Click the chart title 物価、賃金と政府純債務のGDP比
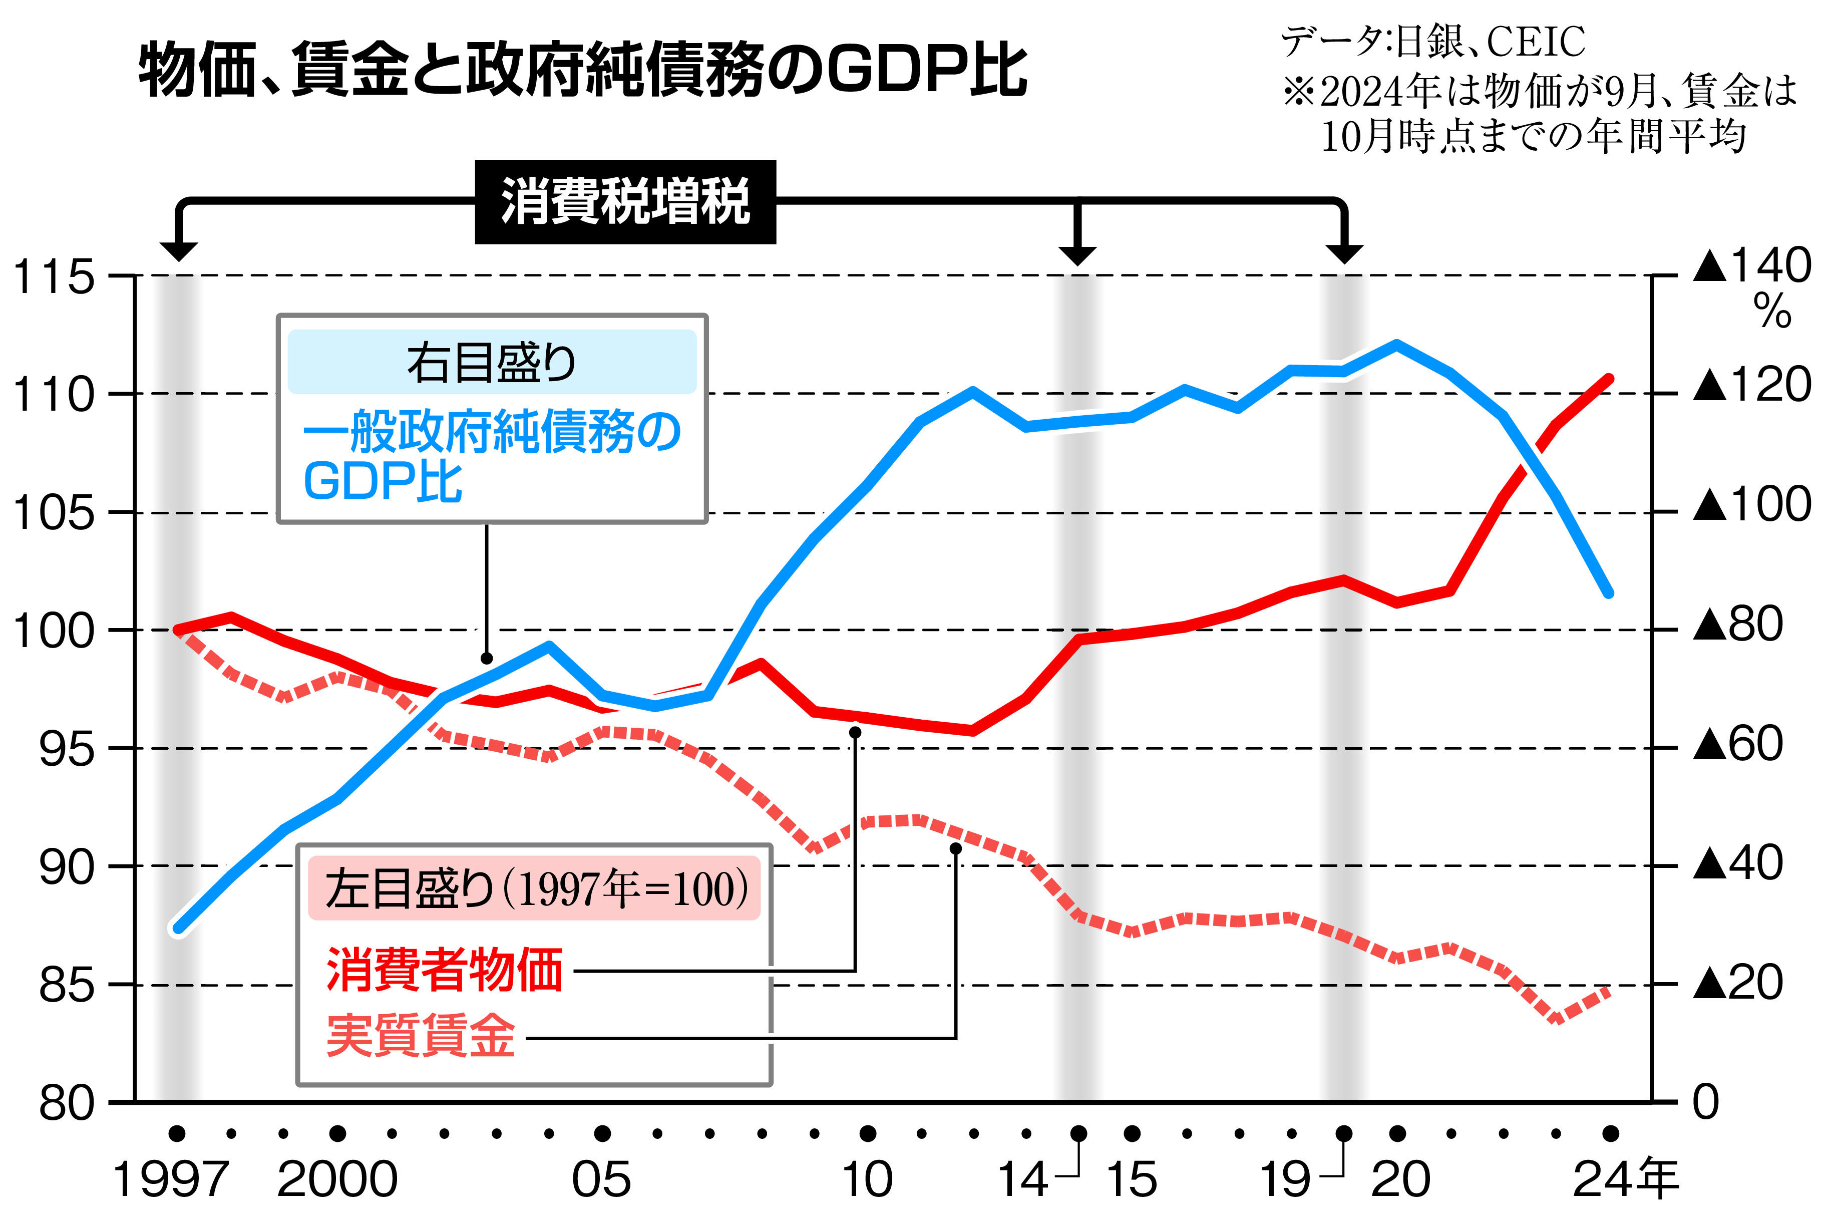click(582, 70)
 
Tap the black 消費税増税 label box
click(625, 202)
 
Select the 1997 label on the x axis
click(171, 1180)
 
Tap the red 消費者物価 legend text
click(445, 970)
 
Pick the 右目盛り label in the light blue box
click(491, 363)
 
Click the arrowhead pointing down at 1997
click(179, 251)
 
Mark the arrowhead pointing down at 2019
click(1344, 253)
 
